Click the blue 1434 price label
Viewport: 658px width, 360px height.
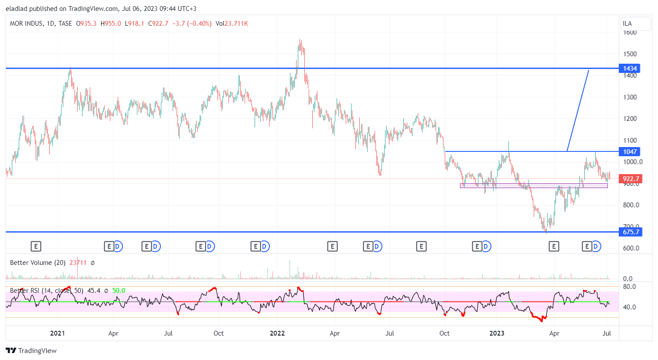(x=630, y=69)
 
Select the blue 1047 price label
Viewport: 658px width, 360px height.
(x=630, y=152)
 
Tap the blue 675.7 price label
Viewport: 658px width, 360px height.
(x=631, y=232)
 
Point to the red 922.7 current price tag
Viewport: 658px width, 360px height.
(x=631, y=179)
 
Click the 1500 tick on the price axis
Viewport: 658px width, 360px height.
(x=630, y=54)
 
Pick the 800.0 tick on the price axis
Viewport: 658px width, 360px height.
(x=631, y=205)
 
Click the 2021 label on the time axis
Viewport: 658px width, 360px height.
(x=58, y=333)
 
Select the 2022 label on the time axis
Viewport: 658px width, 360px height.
(x=277, y=333)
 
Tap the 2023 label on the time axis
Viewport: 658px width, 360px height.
(x=497, y=333)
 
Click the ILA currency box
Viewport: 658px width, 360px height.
(x=627, y=24)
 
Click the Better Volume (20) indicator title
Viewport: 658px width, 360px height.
(x=38, y=263)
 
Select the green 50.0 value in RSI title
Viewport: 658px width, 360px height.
(x=119, y=291)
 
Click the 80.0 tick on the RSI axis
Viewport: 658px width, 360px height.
(x=629, y=287)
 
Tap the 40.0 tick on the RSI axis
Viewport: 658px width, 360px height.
(x=629, y=307)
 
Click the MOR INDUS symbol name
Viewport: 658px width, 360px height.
(x=26, y=24)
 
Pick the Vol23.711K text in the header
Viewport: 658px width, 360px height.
(x=232, y=24)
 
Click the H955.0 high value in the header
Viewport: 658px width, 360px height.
(x=111, y=24)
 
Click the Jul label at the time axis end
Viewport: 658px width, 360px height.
(x=607, y=333)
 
